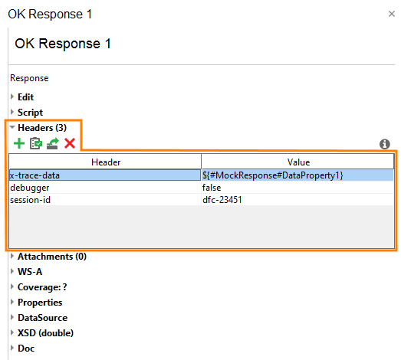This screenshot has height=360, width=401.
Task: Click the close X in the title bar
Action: coord(392,14)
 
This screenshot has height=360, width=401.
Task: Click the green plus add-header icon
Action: coord(19,143)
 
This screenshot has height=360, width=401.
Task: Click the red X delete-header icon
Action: coord(70,143)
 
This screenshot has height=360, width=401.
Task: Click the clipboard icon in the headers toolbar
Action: coord(36,143)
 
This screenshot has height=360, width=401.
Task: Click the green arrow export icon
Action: coord(53,143)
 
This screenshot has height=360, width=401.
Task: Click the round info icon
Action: coord(385,144)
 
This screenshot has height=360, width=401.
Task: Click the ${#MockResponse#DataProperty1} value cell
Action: coord(297,175)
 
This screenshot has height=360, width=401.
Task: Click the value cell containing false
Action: coord(297,188)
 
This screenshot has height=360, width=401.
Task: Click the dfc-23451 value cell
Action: coord(297,200)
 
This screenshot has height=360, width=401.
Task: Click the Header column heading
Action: coord(105,162)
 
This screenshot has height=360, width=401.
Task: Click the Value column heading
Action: coord(297,162)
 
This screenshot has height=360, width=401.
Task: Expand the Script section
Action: coord(30,112)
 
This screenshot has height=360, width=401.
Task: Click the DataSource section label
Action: coord(42,317)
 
